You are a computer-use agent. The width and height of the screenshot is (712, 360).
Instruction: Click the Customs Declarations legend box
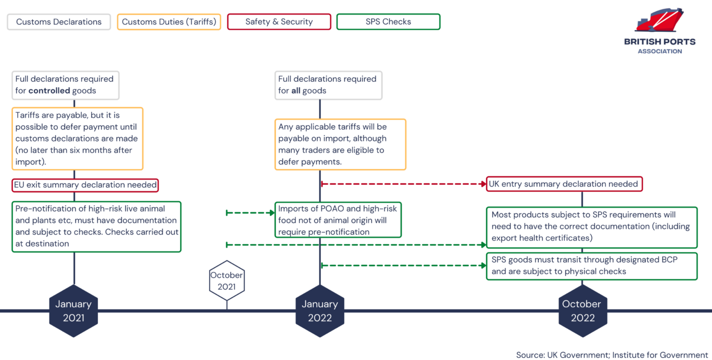(x=58, y=22)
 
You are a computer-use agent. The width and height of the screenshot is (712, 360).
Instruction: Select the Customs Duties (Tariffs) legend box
(x=169, y=22)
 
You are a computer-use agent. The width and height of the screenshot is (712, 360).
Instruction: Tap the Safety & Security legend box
(x=279, y=22)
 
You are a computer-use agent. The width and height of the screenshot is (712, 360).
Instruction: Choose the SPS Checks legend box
(x=388, y=22)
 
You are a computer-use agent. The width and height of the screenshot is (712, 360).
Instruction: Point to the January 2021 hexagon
(x=73, y=311)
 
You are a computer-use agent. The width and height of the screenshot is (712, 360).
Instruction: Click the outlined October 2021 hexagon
(x=226, y=280)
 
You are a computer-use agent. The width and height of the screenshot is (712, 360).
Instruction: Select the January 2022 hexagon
(x=320, y=311)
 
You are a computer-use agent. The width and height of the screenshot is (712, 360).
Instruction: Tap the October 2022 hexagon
(x=582, y=311)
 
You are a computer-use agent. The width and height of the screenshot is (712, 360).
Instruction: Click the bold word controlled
(x=49, y=91)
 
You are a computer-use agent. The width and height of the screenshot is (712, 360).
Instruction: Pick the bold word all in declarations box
(x=295, y=91)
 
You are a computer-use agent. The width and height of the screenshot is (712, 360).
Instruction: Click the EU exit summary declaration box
(x=85, y=184)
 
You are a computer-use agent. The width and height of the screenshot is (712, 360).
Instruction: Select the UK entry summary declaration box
(x=565, y=184)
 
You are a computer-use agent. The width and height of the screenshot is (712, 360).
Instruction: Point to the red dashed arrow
(x=403, y=184)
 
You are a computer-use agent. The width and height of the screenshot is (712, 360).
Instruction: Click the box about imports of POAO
(x=338, y=220)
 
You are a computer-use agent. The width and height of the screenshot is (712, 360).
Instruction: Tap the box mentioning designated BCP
(x=592, y=266)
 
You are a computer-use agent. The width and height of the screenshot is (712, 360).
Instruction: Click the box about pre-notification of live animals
(x=96, y=226)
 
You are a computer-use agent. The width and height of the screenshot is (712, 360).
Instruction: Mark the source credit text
(x=612, y=355)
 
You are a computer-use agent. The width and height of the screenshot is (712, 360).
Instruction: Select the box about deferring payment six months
(x=77, y=139)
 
